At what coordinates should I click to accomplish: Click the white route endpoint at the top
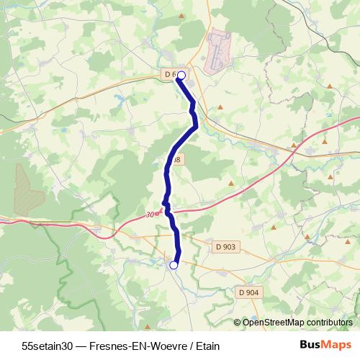click(x=181, y=75)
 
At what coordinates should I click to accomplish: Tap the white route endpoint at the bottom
click(x=174, y=265)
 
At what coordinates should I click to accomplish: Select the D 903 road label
click(x=225, y=247)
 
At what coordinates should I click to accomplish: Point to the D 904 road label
click(x=248, y=292)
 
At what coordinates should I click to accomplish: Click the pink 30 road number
click(x=150, y=215)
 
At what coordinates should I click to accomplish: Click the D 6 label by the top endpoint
click(x=170, y=74)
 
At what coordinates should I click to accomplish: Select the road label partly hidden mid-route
click(x=178, y=158)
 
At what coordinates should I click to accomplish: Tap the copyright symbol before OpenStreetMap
click(x=237, y=323)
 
